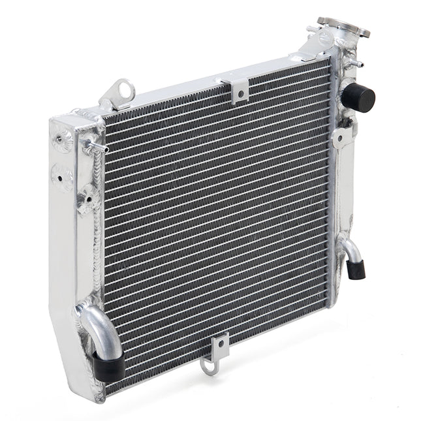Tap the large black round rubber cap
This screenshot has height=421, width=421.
pyautogui.click(x=358, y=97)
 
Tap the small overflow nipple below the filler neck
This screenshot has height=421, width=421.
pyautogui.click(x=355, y=63)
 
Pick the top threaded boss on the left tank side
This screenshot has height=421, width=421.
pyautogui.click(x=63, y=139)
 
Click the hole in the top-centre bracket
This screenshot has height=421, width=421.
pyautogui.click(x=240, y=93)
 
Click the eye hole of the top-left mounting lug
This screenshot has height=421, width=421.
pyautogui.click(x=123, y=87)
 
